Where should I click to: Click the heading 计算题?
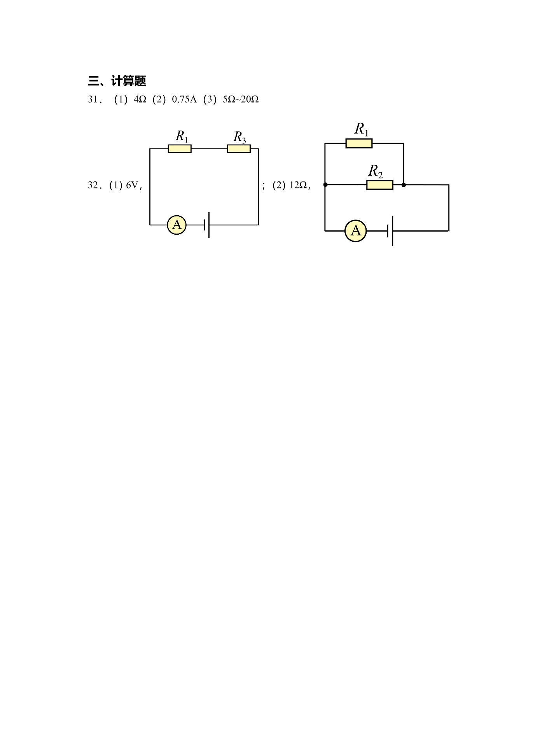(x=129, y=81)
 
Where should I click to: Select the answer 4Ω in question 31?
(x=140, y=99)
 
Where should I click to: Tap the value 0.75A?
(x=184, y=99)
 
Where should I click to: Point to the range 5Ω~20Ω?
(x=241, y=99)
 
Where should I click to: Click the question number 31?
(x=94, y=99)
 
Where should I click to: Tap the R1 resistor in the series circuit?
(x=180, y=149)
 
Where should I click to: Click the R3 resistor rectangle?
(x=239, y=149)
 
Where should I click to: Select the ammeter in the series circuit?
(x=177, y=225)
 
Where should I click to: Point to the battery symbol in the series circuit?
(x=207, y=225)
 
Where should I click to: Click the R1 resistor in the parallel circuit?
(x=359, y=144)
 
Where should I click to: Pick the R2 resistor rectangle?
(x=380, y=185)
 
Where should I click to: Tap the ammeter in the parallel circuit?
(x=356, y=231)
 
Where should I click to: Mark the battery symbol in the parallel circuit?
(x=390, y=231)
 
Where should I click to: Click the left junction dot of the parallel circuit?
(x=325, y=185)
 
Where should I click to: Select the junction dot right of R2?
(x=404, y=185)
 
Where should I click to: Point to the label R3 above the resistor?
(x=239, y=137)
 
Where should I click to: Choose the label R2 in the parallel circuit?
(x=376, y=171)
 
